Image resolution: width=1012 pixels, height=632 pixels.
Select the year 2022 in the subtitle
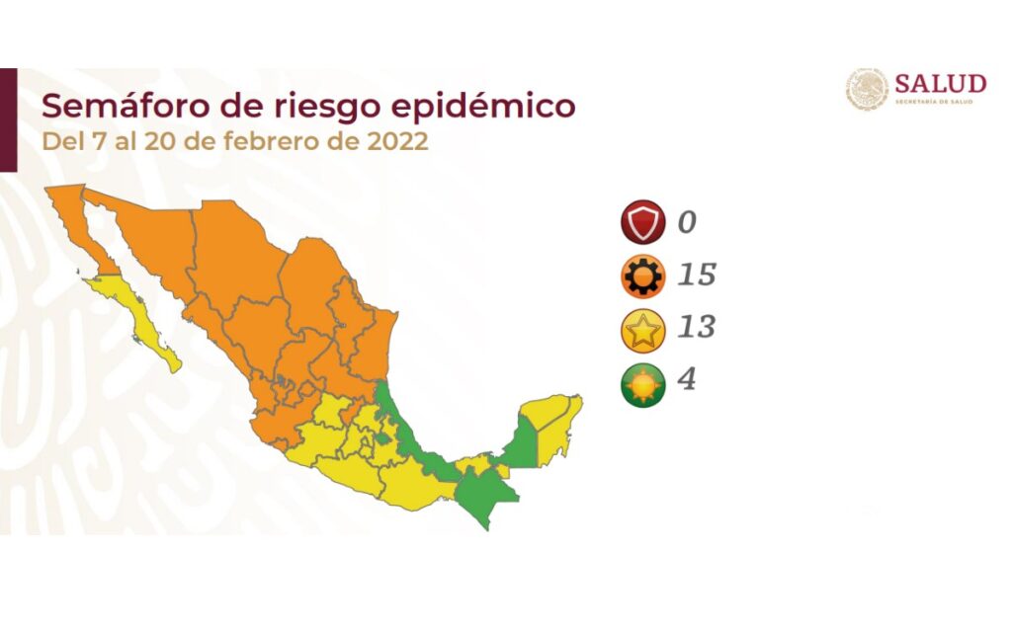point(397,141)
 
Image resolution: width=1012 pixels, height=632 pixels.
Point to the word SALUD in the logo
point(940,82)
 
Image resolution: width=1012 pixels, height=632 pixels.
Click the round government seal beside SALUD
point(867,89)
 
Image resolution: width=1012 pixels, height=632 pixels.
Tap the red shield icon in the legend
point(642,222)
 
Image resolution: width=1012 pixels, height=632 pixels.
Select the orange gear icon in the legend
point(642,276)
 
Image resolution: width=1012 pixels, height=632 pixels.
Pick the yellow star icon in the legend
point(642,329)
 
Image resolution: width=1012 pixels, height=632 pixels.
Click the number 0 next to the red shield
point(687,222)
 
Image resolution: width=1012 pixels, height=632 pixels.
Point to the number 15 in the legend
point(696,275)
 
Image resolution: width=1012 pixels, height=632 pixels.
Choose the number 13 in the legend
point(696,328)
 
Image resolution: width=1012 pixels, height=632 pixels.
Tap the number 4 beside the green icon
point(687,380)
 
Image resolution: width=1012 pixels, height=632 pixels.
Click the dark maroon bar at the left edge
point(8,118)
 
